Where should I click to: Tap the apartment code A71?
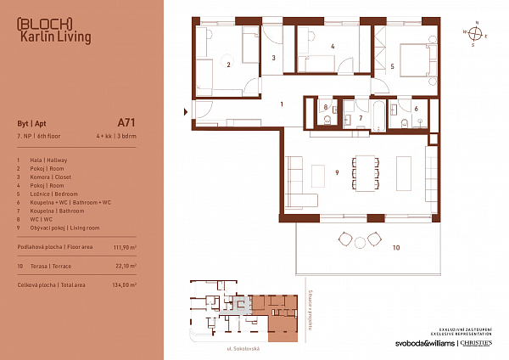(x=126, y=122)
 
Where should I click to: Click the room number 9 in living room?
(x=338, y=173)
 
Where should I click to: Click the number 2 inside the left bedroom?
(x=227, y=64)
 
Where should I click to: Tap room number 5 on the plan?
(x=392, y=65)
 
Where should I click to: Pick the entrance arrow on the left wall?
(x=187, y=110)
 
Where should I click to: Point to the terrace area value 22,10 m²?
(x=124, y=266)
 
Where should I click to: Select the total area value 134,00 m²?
(x=122, y=285)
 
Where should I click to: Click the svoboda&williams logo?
(x=418, y=344)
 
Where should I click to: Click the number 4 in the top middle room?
(x=333, y=47)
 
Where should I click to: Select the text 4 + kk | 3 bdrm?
(x=115, y=136)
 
